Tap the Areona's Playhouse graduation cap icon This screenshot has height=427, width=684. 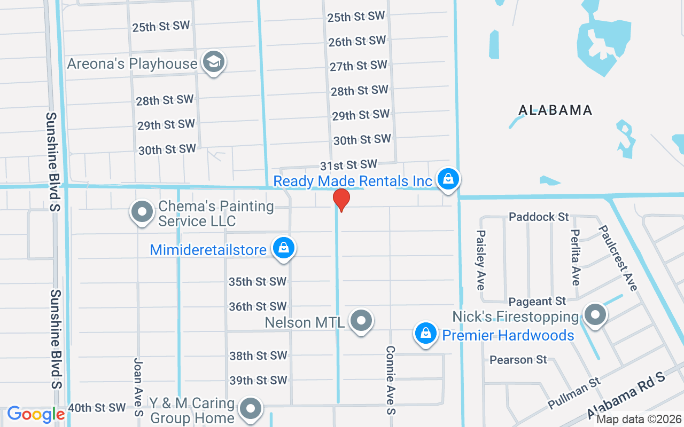(213, 62)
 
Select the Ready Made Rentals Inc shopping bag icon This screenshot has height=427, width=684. (448, 180)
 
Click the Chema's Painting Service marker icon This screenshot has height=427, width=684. (142, 212)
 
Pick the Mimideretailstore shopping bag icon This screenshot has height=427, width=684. (284, 248)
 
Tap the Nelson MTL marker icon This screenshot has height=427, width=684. (361, 321)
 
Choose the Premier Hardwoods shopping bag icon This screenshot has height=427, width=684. (426, 334)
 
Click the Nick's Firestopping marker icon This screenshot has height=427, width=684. (595, 315)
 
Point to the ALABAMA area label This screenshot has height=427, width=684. (555, 110)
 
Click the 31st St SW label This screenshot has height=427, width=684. (348, 165)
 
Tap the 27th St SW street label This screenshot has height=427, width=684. (358, 66)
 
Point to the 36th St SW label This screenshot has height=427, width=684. (258, 307)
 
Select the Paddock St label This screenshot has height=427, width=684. (539, 217)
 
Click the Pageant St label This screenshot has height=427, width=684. (537, 302)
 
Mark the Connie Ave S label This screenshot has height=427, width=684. (391, 380)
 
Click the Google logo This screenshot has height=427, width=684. (36, 414)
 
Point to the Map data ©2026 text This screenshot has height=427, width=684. (639, 420)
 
